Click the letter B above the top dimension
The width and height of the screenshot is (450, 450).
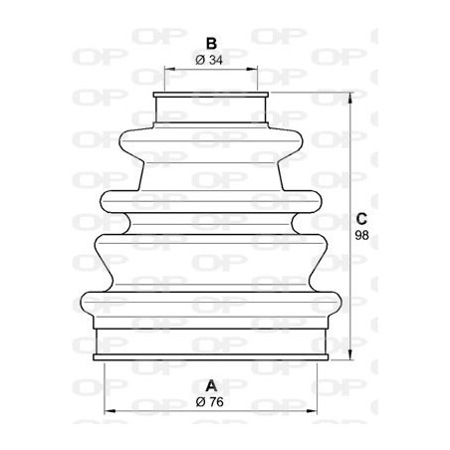210,44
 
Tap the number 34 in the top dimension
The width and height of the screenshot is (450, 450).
217,62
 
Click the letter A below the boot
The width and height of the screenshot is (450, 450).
210,385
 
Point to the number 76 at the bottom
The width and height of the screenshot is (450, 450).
217,401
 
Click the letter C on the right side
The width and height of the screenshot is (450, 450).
363,219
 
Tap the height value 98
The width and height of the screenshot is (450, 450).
363,236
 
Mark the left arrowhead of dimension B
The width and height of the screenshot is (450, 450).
166,72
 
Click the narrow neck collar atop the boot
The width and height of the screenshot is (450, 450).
210,109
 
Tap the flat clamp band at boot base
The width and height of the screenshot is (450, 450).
210,344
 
